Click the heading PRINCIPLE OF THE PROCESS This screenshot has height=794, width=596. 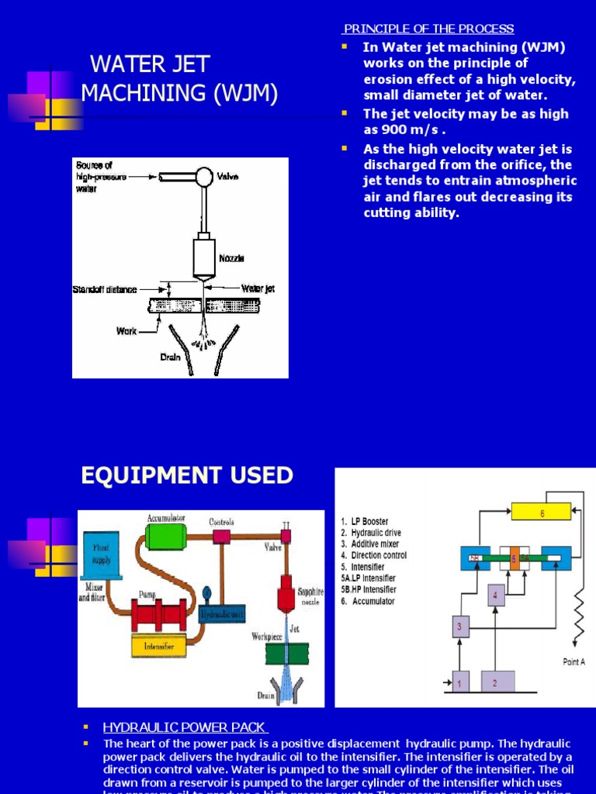(428, 29)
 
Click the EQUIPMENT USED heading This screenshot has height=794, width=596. (187, 475)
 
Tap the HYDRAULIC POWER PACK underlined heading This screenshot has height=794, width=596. (185, 727)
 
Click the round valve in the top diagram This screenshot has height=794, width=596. (204, 178)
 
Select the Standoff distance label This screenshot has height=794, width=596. (105, 289)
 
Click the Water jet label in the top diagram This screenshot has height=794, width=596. (258, 288)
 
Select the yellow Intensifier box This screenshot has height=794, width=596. (159, 645)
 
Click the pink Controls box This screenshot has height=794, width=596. (221, 537)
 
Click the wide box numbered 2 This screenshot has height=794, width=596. (497, 681)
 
